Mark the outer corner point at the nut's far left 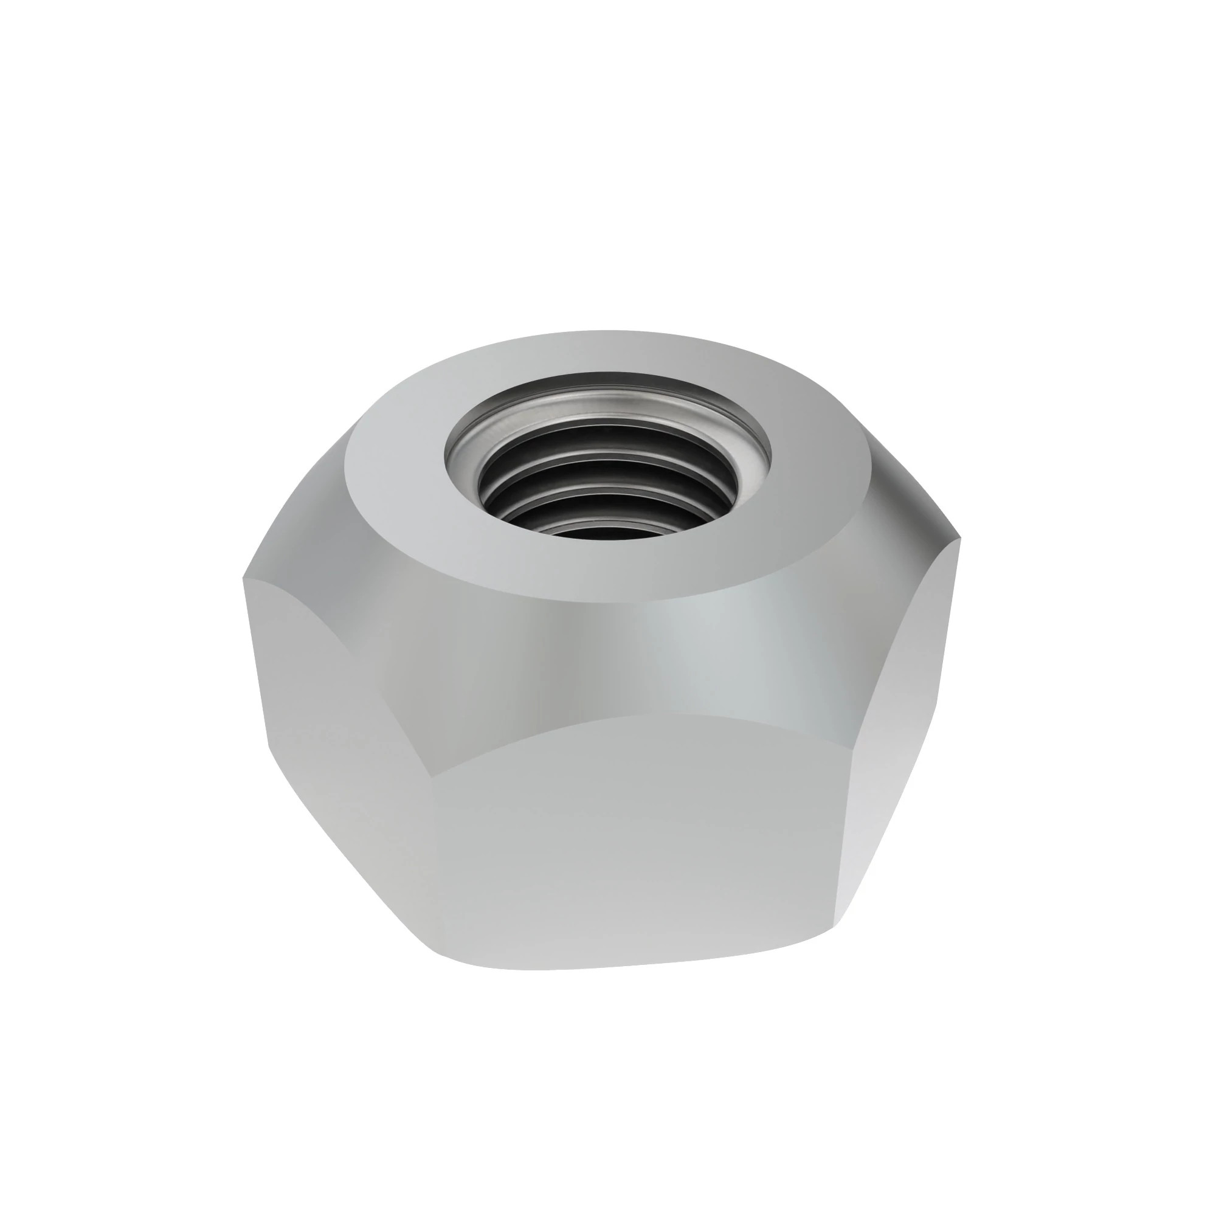[244, 578]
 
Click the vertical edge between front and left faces [437, 881]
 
